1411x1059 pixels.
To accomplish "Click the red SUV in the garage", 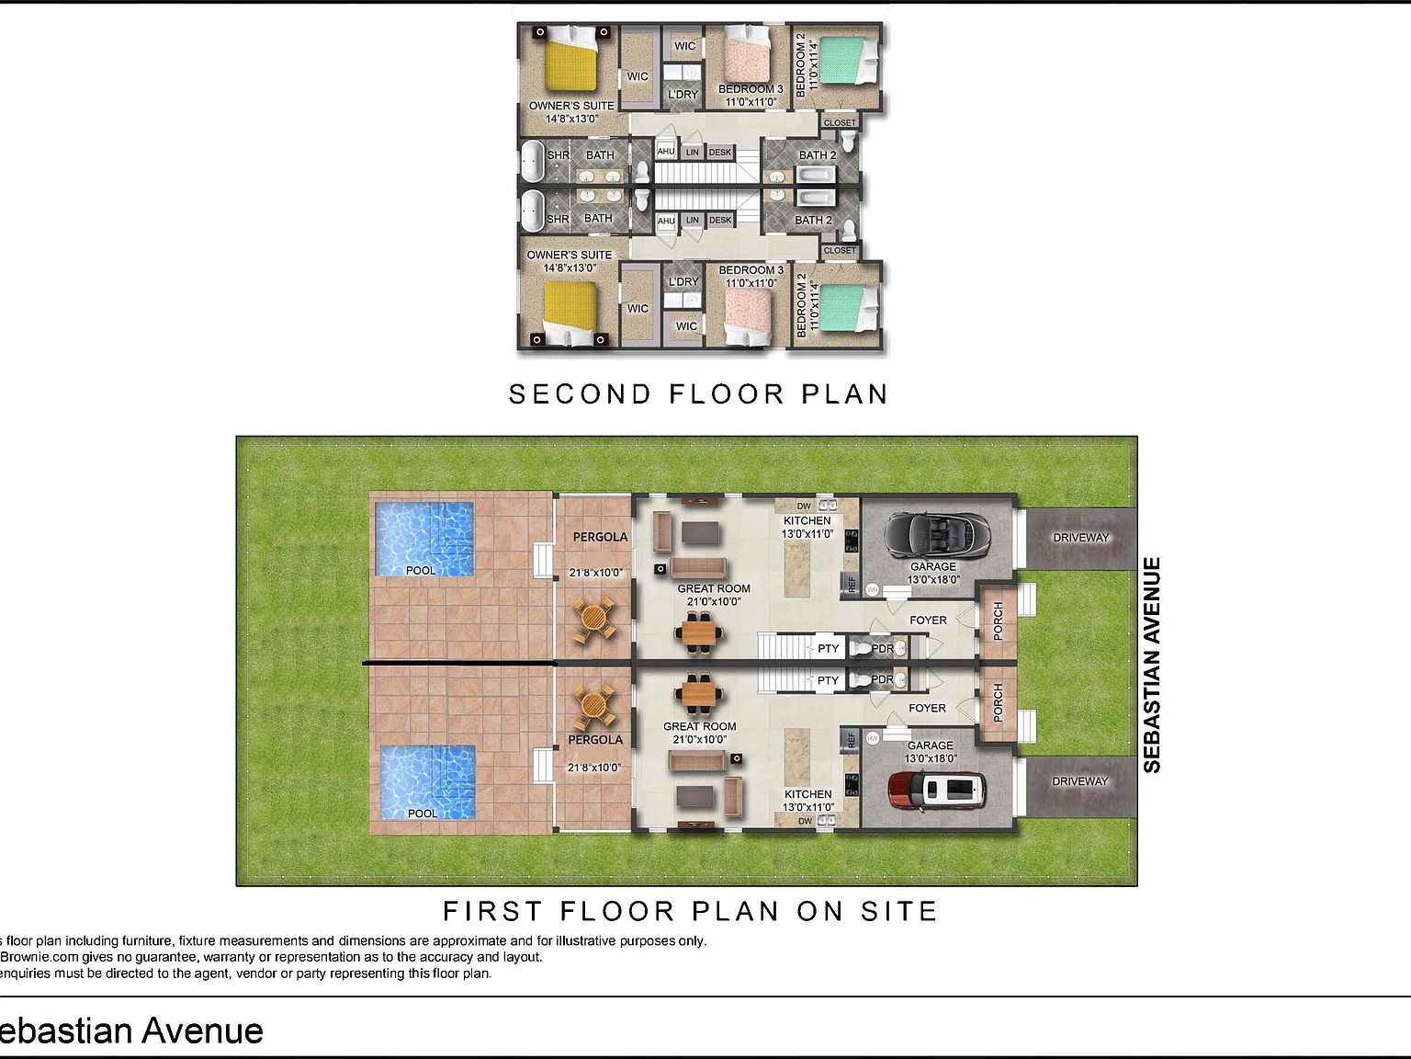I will pos(936,789).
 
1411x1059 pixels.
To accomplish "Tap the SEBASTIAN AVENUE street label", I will pos(1152,664).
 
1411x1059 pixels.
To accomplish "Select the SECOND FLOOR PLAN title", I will pos(698,394).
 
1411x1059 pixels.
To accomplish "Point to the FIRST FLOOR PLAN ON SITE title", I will pos(690,911).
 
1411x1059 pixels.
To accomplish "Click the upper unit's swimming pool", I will pos(423,535).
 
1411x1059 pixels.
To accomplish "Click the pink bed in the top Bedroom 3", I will pos(751,56).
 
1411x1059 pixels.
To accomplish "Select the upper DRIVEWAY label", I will pos(1080,537).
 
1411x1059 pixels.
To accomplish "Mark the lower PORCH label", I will pos(999,702).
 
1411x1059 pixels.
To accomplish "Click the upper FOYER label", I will pos(928,621).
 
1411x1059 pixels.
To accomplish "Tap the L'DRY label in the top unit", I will pos(683,94).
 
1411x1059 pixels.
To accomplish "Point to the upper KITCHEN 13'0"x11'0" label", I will pos(807,527).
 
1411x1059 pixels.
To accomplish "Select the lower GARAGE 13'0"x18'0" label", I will pos(931,752).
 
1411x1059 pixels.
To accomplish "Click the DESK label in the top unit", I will pos(720,153).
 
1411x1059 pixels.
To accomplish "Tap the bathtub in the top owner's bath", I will pos(531,162).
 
